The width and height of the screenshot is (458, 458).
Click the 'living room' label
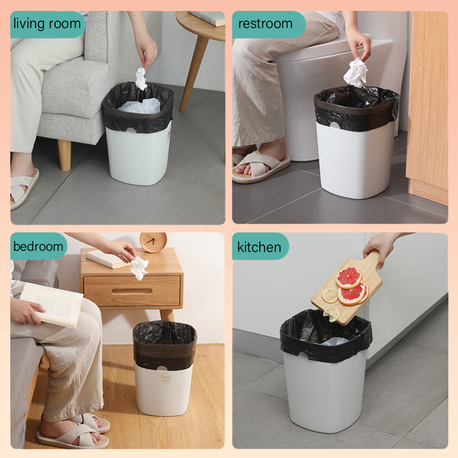click(x=48, y=24)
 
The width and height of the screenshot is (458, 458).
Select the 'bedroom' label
click(x=38, y=246)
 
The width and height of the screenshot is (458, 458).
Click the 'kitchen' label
click(x=259, y=247)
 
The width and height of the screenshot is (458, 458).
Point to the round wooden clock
click(x=153, y=242)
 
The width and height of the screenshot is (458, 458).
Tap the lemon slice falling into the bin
click(x=331, y=314)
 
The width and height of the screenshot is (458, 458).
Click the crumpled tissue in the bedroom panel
click(x=139, y=267)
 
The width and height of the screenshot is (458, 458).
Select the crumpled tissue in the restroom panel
click(x=356, y=73)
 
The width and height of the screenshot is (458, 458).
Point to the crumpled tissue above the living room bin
click(x=141, y=78)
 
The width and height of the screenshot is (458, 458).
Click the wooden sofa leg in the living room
click(x=64, y=155)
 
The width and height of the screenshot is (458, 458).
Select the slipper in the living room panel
click(x=23, y=189)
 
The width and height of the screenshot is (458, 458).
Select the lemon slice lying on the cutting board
click(x=330, y=295)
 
